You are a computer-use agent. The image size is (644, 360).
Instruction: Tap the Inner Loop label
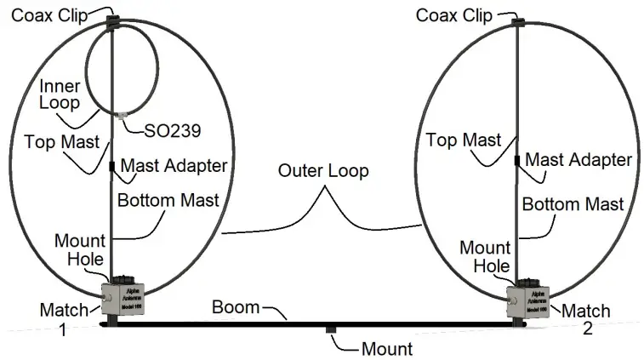tap(58, 94)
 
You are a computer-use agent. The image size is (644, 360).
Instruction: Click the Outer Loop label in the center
tap(323, 171)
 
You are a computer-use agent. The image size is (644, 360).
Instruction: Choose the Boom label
tap(236, 306)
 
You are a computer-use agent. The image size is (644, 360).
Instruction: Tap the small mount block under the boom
tap(331, 329)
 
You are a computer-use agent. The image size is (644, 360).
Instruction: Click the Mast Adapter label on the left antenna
tap(174, 164)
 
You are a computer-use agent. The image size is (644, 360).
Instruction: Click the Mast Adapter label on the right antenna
tap(578, 159)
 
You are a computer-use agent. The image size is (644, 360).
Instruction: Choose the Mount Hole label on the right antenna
tap(485, 256)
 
